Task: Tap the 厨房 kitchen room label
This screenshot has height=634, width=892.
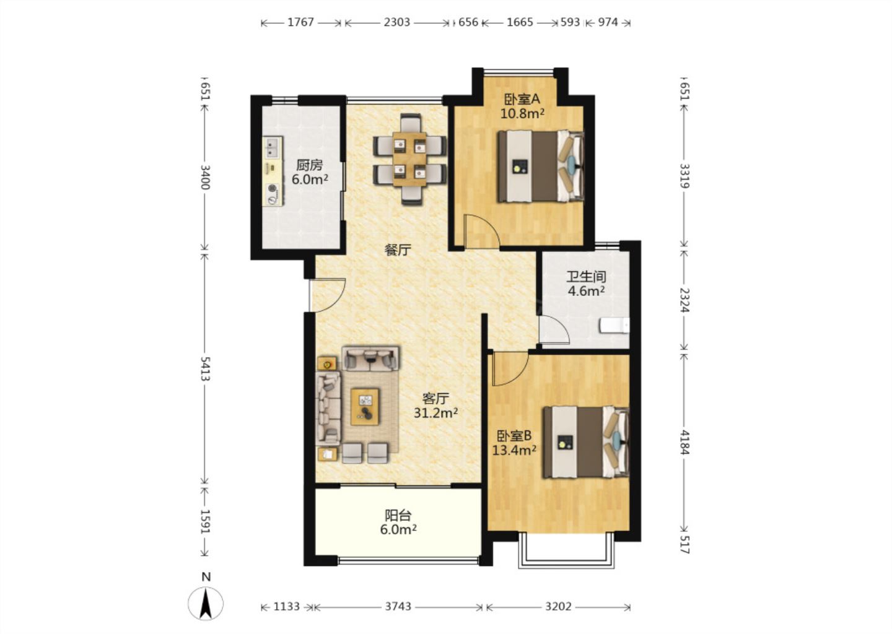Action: pyautogui.click(x=310, y=165)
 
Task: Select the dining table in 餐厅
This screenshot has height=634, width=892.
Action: pyautogui.click(x=409, y=159)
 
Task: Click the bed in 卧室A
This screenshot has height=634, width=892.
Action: pyautogui.click(x=541, y=166)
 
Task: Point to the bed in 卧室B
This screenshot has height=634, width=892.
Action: pyautogui.click(x=587, y=442)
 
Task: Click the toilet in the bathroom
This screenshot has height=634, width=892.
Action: pyautogui.click(x=614, y=326)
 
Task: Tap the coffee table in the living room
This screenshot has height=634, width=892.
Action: pyautogui.click(x=365, y=407)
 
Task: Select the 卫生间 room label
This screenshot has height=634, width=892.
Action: pyautogui.click(x=586, y=277)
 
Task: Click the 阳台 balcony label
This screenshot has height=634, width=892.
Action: pyautogui.click(x=398, y=515)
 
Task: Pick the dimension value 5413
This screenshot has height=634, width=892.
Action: pyautogui.click(x=205, y=368)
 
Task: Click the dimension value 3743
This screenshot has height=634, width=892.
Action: pyautogui.click(x=398, y=607)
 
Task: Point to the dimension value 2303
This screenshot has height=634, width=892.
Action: pyautogui.click(x=396, y=22)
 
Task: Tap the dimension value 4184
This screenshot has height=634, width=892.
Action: pyautogui.click(x=684, y=442)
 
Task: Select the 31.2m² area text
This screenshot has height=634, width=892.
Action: pyautogui.click(x=435, y=413)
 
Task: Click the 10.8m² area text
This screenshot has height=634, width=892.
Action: pyautogui.click(x=522, y=114)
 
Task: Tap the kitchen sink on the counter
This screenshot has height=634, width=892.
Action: pyautogui.click(x=273, y=147)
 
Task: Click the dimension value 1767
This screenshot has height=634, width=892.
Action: pyautogui.click(x=300, y=22)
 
